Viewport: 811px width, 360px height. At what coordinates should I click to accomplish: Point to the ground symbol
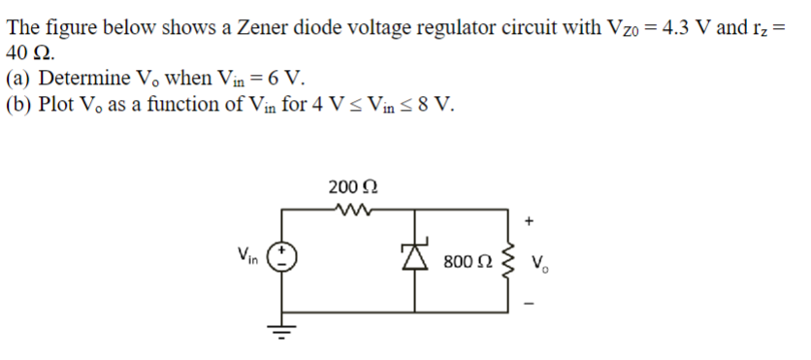pos(283,334)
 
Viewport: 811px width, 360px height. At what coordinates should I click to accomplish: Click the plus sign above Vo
pos(529,221)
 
